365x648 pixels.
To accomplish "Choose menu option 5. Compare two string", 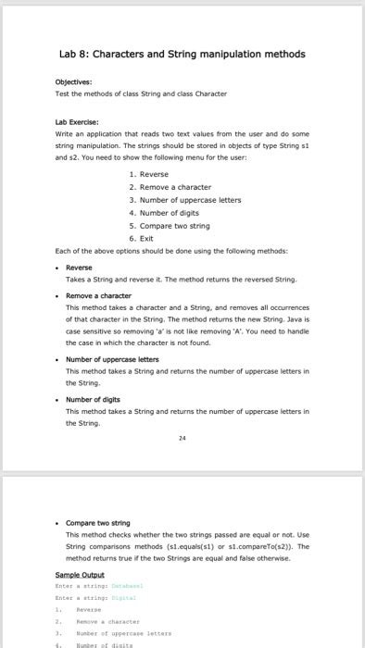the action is tap(169, 225).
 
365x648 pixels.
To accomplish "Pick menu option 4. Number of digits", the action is tap(164, 212).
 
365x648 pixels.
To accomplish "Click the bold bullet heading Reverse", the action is tap(80, 267).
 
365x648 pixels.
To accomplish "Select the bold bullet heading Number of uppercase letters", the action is tap(112, 358).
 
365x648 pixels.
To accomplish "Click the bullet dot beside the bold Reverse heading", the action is tap(57, 267).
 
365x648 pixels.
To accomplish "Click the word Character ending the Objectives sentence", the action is tap(208, 93).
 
